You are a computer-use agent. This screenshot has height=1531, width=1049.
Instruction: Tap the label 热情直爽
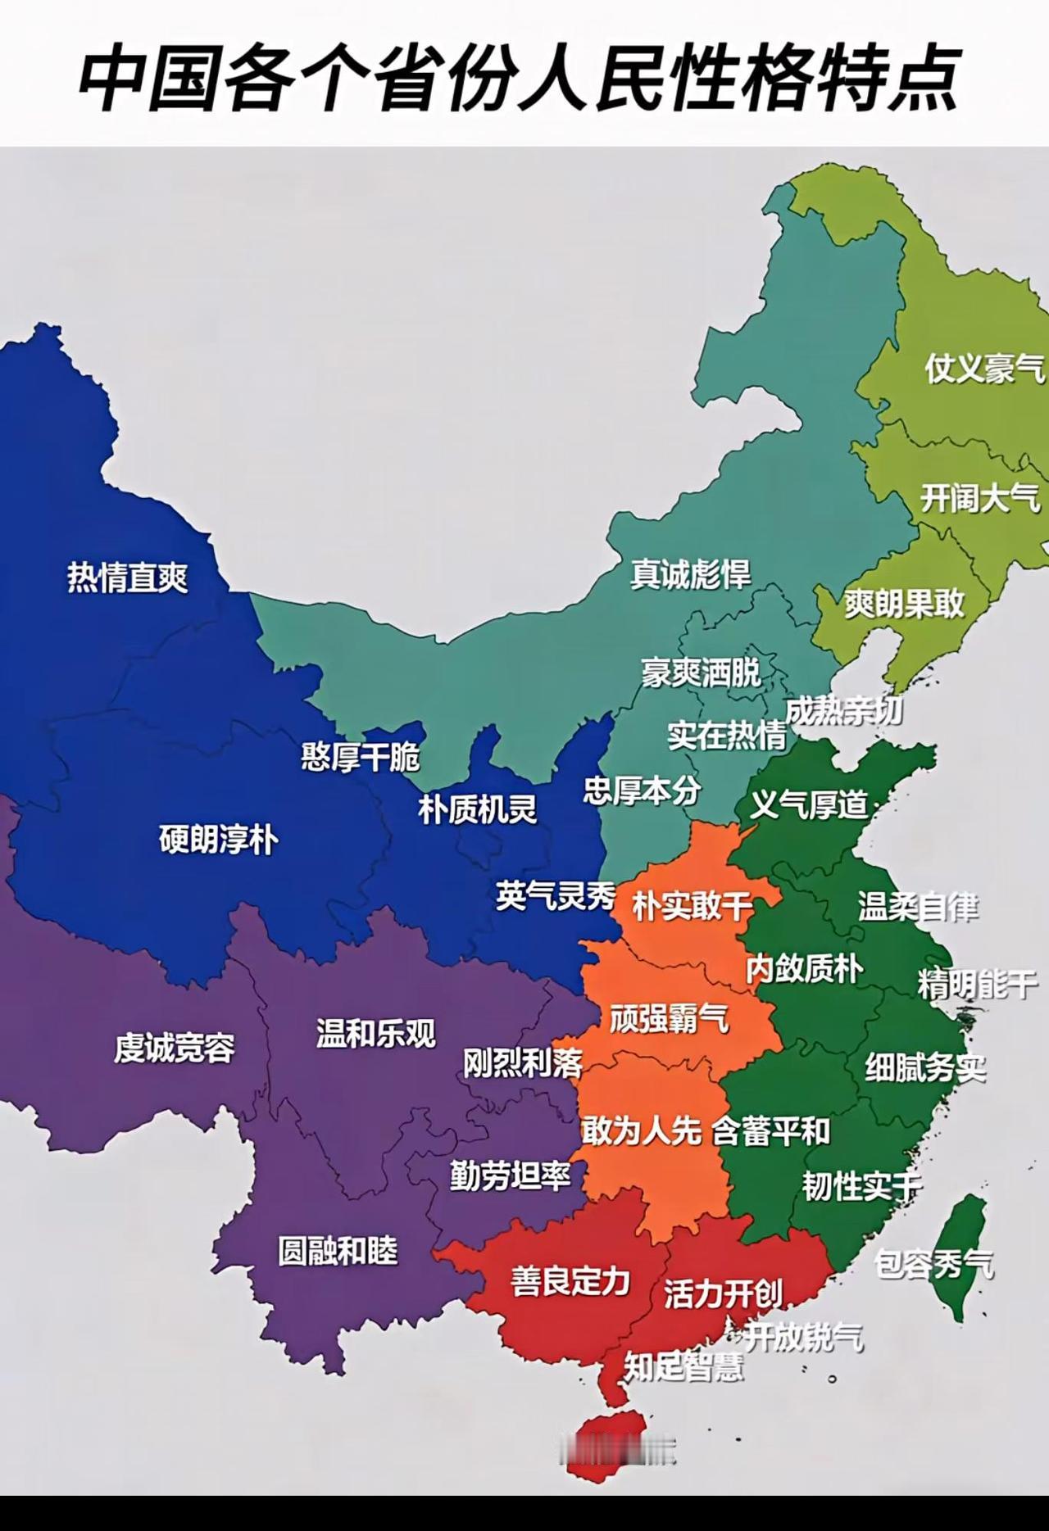point(128,578)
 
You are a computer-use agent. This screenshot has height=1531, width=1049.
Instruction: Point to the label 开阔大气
point(980,497)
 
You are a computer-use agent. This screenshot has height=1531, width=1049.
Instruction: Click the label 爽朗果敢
point(905,605)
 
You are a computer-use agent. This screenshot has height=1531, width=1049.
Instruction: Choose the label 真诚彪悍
point(690,574)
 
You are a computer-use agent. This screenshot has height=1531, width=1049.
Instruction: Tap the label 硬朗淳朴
point(218,840)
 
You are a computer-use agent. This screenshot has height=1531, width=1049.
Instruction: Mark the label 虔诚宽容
point(174,1048)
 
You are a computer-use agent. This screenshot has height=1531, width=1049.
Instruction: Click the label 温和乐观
point(376,1033)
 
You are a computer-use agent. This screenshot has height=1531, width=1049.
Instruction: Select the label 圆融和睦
point(338,1251)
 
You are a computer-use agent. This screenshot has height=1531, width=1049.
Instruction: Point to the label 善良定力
point(570,1281)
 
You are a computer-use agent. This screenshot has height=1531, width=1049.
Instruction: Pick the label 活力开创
point(723,1294)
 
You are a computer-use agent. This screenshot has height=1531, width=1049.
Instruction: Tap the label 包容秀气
point(933,1264)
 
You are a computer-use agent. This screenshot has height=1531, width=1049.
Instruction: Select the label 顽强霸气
point(669,1019)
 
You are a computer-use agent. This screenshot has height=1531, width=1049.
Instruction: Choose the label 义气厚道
point(809,805)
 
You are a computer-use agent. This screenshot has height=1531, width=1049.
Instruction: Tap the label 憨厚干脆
point(361,757)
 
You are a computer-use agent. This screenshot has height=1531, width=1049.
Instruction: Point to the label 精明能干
point(977,985)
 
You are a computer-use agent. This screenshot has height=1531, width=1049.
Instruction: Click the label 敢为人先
point(641,1131)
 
